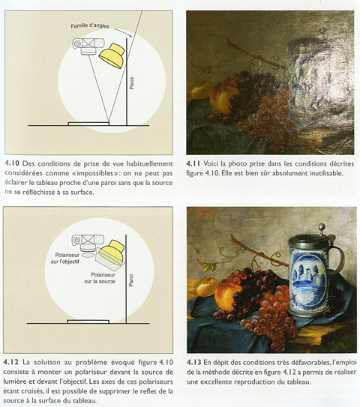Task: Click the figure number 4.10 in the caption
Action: pyautogui.click(x=13, y=161)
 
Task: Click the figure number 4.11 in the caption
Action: pyautogui.click(x=193, y=162)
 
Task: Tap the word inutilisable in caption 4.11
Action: pyautogui.click(x=322, y=172)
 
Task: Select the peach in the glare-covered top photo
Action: pyautogui.click(x=220, y=98)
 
